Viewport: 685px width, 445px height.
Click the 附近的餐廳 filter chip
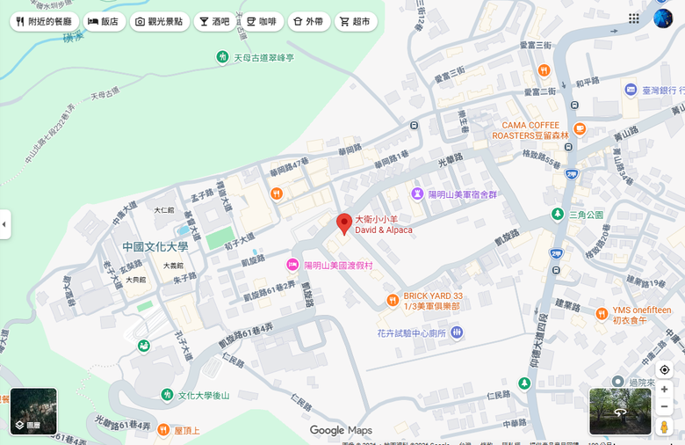[x=44, y=21]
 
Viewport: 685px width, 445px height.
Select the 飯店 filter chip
[x=103, y=21]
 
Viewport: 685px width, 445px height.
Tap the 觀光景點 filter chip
[x=158, y=21]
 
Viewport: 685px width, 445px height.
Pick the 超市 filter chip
[x=355, y=21]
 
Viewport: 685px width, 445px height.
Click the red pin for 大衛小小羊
[x=344, y=223]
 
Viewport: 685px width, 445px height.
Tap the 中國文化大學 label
[x=155, y=247]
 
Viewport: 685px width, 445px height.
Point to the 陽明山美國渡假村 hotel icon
[x=292, y=265]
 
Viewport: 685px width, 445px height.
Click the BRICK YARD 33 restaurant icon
[x=393, y=301]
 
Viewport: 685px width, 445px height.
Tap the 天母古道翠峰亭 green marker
[x=223, y=57]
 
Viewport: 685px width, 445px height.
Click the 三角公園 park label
[x=586, y=215]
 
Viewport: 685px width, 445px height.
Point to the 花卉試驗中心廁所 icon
[x=457, y=332]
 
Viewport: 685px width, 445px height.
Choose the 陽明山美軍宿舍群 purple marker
[x=417, y=193]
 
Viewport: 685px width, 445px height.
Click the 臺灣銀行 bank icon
[x=631, y=90]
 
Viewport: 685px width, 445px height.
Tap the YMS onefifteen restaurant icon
[x=602, y=314]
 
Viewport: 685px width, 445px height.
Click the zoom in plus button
[x=664, y=389]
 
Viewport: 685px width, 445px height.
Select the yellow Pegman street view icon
[x=664, y=427]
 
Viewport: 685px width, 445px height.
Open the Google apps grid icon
[x=634, y=18]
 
